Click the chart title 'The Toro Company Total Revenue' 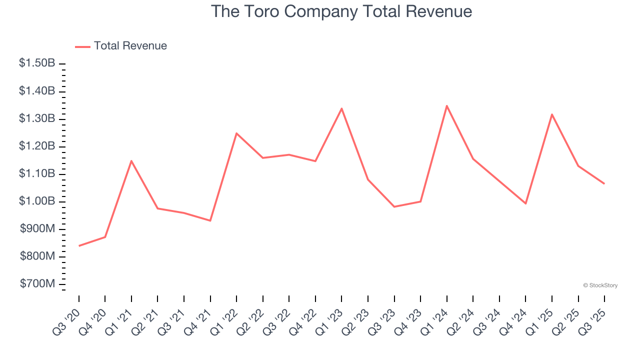(341, 11)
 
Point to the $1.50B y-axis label (37, 63)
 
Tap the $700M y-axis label (37, 284)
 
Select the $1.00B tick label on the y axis (37, 201)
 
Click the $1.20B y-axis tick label (37, 146)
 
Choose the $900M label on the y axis (37, 229)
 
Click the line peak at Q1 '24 (446, 105)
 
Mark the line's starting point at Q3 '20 (79, 246)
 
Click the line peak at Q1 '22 (236, 133)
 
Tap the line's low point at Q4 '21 (210, 220)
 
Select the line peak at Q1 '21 (131, 160)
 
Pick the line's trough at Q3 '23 (394, 206)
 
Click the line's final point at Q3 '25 (604, 183)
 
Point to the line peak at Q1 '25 (552, 114)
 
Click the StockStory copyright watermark (600, 285)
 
